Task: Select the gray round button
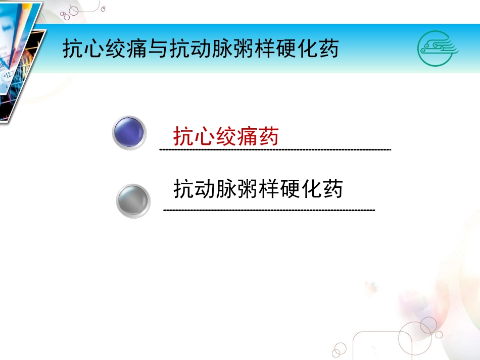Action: (x=133, y=201)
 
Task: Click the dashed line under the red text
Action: (x=275, y=150)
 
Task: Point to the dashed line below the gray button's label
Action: (x=269, y=210)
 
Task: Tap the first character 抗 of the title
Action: (x=73, y=50)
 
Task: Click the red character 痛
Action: (x=248, y=136)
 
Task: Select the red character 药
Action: (x=269, y=136)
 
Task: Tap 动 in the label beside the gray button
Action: (x=205, y=188)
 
